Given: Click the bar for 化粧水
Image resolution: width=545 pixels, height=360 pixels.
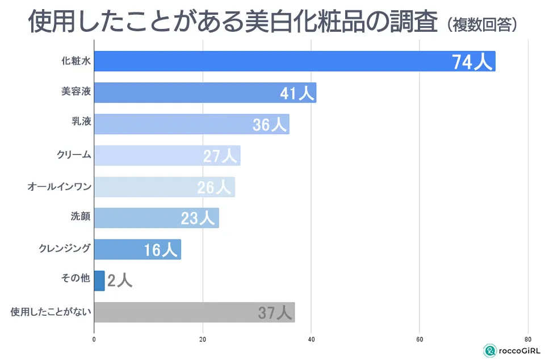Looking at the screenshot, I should (x=294, y=61).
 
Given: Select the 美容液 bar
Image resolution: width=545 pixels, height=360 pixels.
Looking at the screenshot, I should (x=204, y=93).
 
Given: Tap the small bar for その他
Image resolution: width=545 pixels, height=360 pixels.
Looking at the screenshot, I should (x=99, y=281).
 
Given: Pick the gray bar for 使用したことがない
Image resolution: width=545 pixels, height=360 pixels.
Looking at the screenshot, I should (x=194, y=312).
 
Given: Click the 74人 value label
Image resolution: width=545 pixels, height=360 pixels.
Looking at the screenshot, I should (x=472, y=62).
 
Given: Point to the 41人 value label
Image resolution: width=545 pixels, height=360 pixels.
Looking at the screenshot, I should (x=297, y=93).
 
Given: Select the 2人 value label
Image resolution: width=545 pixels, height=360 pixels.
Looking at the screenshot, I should (x=120, y=281).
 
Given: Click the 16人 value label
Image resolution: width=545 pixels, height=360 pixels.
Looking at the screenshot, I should (x=162, y=249).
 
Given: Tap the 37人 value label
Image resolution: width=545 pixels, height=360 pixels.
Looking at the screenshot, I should (x=275, y=312).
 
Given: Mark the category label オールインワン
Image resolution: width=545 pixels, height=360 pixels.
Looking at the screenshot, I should (x=59, y=185).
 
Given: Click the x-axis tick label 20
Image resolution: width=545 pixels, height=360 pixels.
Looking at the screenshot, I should (x=203, y=340).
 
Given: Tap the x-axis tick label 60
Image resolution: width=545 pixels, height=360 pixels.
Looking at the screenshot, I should (x=420, y=340).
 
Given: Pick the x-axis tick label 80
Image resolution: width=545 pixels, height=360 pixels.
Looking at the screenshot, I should (x=529, y=340).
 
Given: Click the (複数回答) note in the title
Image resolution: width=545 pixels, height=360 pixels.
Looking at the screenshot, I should (x=481, y=25).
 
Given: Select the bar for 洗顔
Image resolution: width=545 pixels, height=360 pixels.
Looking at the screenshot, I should (x=156, y=218).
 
